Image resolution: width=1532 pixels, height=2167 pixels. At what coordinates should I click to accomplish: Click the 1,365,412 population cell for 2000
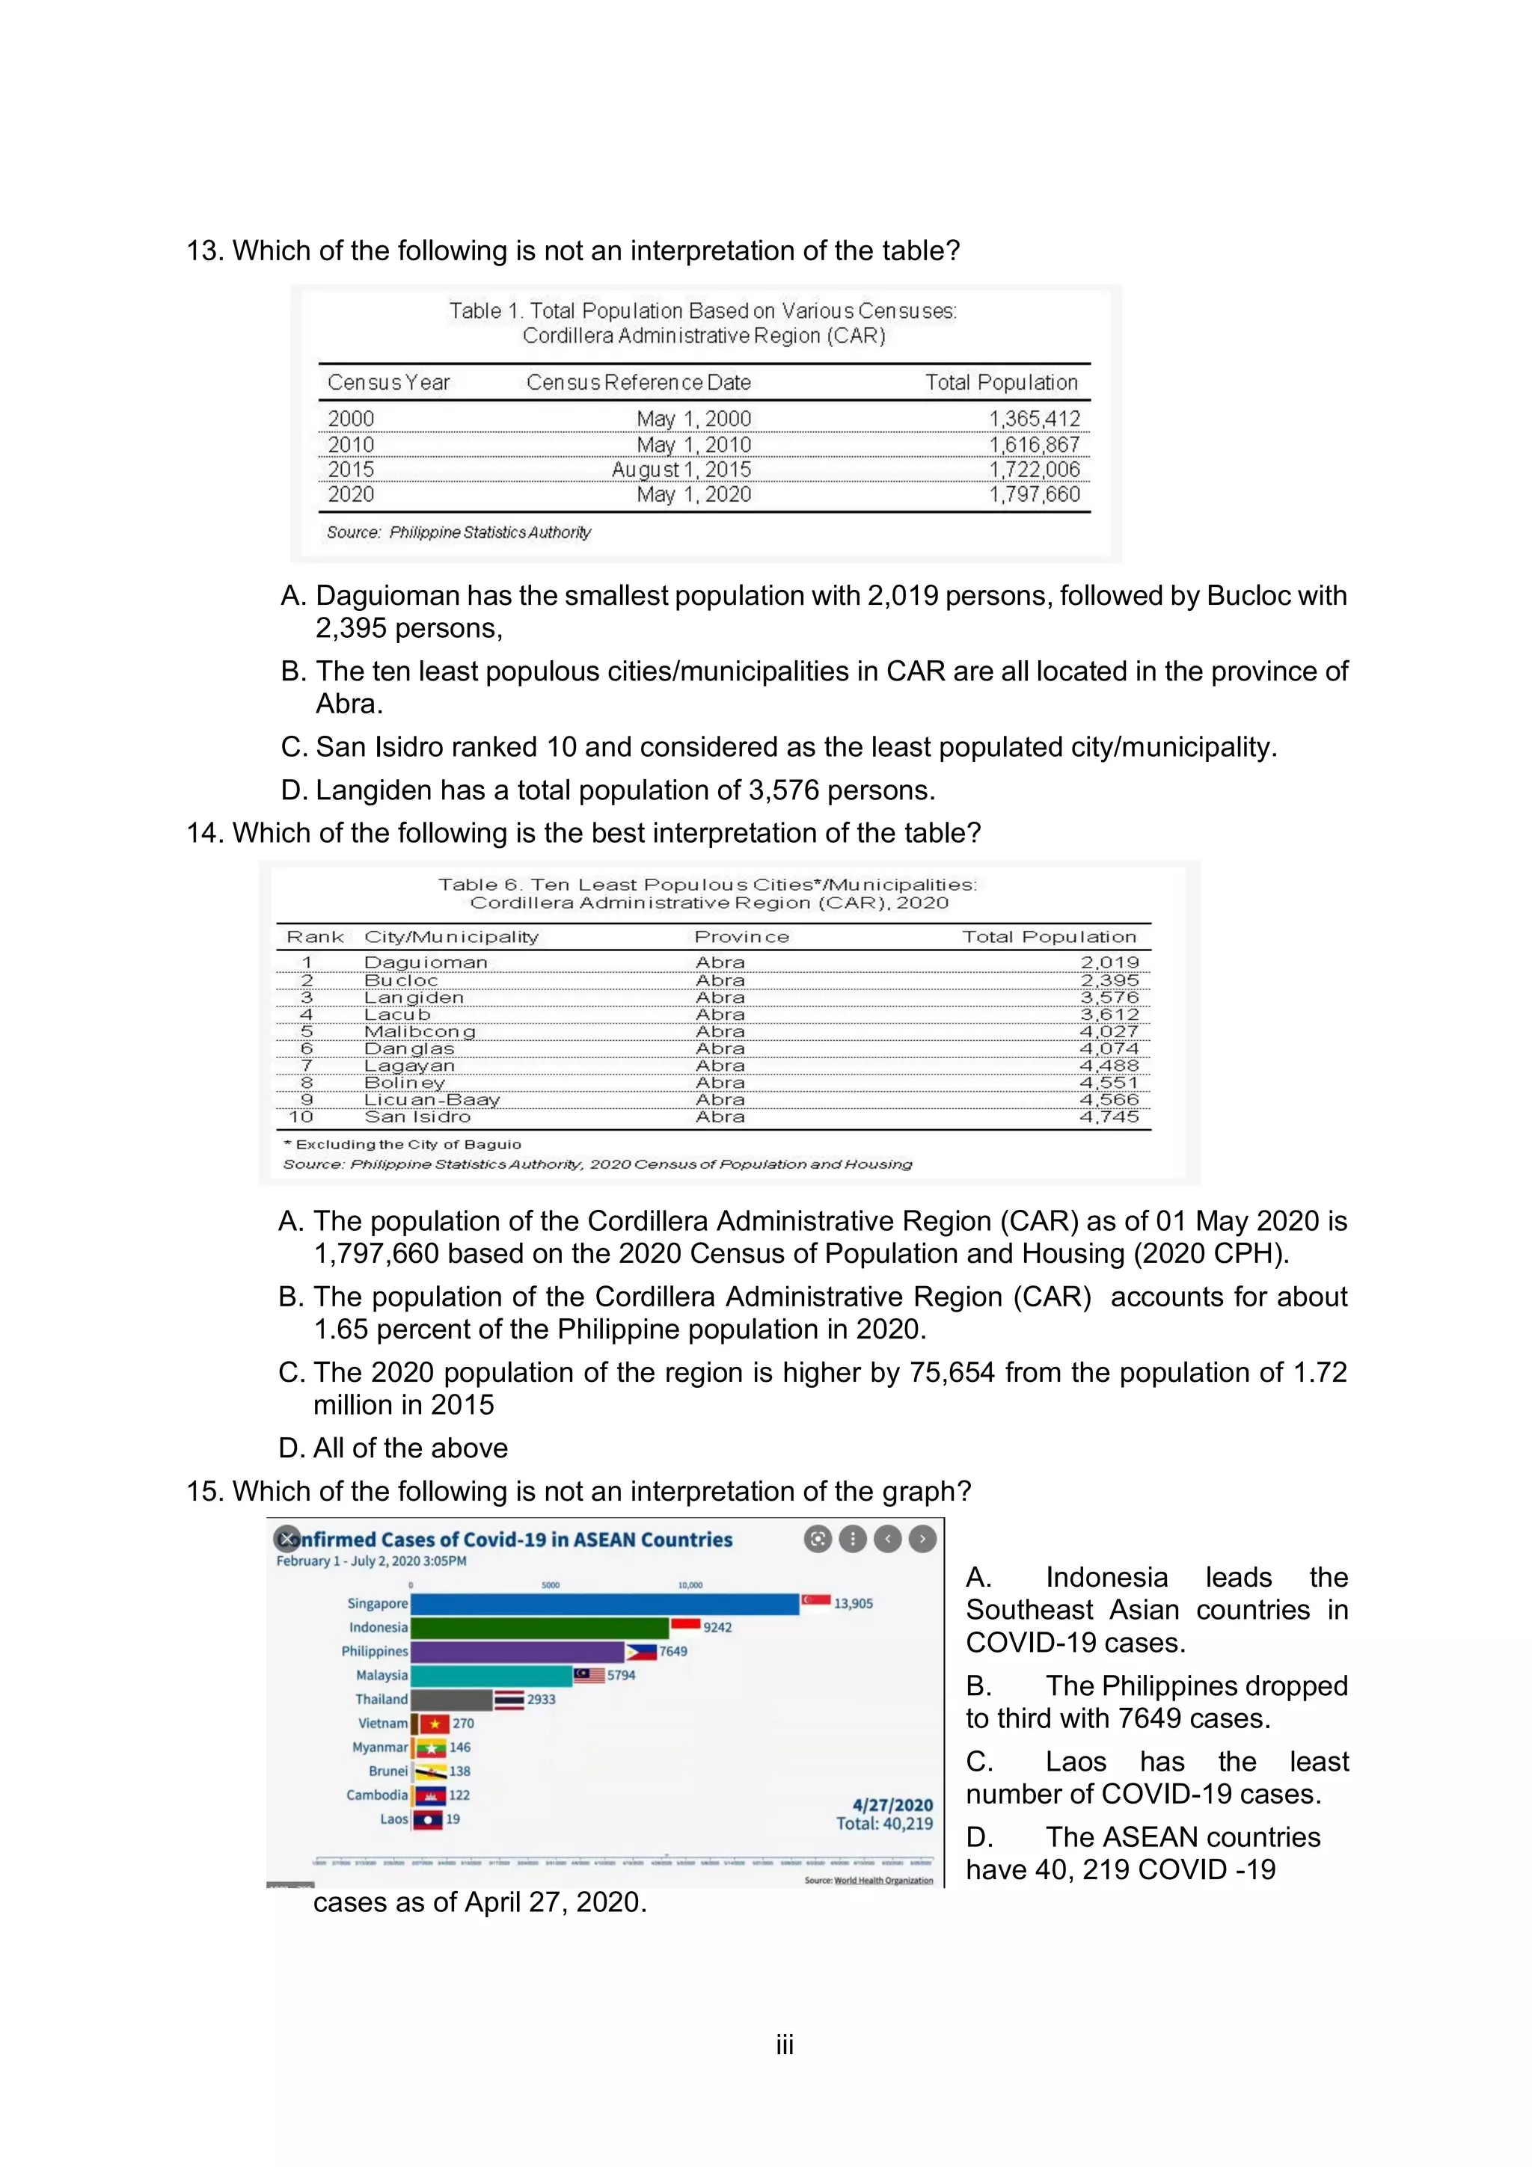coord(1034,418)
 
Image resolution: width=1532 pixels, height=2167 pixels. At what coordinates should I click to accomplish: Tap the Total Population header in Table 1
coord(1001,382)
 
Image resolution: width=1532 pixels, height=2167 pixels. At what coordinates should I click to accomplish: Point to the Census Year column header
coord(388,382)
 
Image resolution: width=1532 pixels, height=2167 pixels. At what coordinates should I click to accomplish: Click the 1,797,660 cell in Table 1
coord(1034,494)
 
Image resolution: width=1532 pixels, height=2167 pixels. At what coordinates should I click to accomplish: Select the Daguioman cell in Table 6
coord(426,962)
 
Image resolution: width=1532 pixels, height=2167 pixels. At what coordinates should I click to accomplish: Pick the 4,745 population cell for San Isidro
coord(1109,1116)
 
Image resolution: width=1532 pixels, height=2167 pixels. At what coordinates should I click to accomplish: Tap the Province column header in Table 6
coord(741,937)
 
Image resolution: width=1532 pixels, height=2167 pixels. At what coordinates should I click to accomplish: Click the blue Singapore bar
coord(604,1603)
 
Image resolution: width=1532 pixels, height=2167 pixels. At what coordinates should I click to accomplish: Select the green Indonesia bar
coord(540,1627)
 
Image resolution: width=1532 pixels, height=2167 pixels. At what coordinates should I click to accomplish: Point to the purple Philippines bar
coord(517,1652)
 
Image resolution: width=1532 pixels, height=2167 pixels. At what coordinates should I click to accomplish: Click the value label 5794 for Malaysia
coord(621,1675)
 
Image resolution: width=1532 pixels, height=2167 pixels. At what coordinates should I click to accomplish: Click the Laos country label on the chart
coord(393,1819)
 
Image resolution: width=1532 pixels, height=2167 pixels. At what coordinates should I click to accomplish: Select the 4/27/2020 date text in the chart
coord(892,1804)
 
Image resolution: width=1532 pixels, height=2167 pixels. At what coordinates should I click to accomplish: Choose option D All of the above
coord(393,1448)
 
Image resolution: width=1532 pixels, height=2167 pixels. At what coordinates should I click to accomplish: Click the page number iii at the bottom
coord(785,2045)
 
